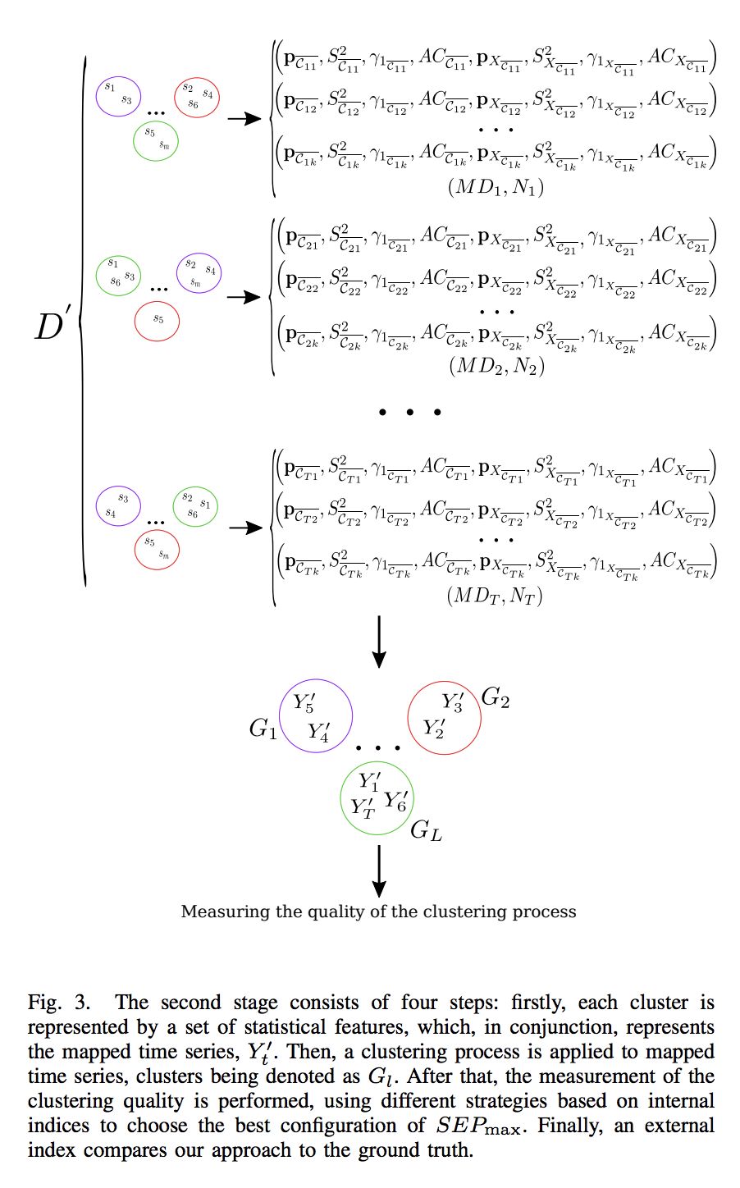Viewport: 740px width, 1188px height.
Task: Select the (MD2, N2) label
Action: coord(496,366)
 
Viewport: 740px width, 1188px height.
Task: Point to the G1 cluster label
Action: coord(263,729)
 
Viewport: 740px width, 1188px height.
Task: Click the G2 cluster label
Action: coord(495,698)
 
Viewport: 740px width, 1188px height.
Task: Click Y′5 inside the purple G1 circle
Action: coord(304,703)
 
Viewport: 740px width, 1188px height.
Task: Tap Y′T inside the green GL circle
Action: coord(363,808)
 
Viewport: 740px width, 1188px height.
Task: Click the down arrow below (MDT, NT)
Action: coord(378,642)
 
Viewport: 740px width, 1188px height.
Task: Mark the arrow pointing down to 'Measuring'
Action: coord(378,871)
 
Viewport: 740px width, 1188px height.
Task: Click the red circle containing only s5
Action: coord(157,319)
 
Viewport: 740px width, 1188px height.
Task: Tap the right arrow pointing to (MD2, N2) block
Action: coord(243,297)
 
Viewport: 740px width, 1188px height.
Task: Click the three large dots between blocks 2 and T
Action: coord(409,411)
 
